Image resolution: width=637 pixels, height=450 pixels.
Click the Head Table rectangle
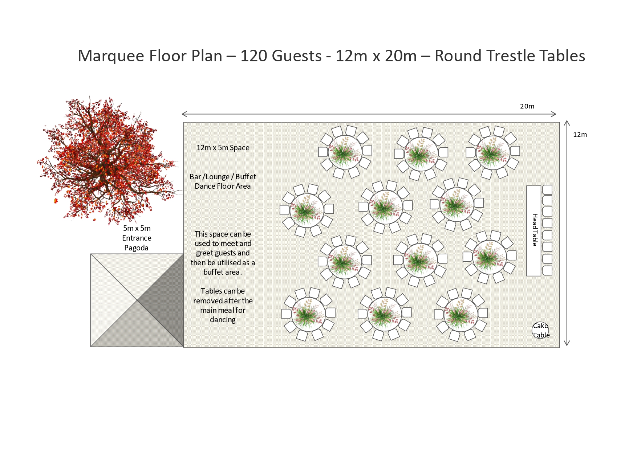coord(533,231)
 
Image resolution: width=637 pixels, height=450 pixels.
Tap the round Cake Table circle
coord(540,330)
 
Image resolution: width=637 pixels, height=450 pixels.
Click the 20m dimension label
coord(527,106)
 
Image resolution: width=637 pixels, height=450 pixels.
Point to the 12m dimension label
coord(580,135)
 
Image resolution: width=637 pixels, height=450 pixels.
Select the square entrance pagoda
coord(137,300)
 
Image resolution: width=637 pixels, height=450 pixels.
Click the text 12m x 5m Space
coord(223,148)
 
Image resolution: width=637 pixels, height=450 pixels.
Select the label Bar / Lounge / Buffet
coord(223,177)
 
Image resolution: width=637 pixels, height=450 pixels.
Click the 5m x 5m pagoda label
coord(137,228)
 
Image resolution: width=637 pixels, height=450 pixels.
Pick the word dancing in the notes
coord(223,320)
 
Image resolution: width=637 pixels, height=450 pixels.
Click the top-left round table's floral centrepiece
coord(345,152)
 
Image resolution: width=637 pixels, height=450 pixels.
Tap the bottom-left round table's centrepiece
coord(308,314)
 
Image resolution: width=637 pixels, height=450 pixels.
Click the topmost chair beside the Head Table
coord(547,189)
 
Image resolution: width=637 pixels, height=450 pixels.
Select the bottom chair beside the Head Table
coord(547,270)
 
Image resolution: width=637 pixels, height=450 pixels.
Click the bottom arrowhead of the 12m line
coord(567,343)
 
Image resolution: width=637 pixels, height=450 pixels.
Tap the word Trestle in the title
coord(510,56)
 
